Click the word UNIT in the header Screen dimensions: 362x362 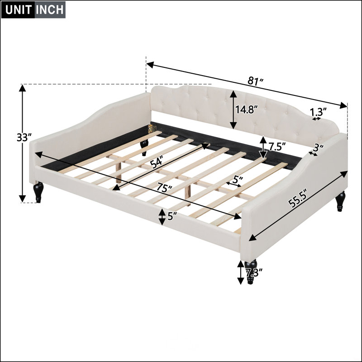[18, 10]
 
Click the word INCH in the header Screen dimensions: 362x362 [50, 10]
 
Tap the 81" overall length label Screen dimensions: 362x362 [256, 81]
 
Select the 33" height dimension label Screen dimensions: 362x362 [24, 138]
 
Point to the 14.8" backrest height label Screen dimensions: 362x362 [246, 109]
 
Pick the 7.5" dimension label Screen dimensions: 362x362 [277, 146]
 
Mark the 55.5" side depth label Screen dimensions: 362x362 [298, 198]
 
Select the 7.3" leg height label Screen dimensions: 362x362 [254, 273]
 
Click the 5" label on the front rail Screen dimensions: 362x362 [172, 216]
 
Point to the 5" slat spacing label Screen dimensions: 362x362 [238, 179]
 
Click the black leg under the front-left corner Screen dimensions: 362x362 [38, 192]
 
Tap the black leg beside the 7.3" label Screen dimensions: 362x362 [251, 271]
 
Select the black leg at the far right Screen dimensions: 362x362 [340, 201]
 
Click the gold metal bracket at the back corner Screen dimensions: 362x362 [151, 129]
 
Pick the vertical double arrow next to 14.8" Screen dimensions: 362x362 [233, 110]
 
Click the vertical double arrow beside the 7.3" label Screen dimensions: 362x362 [241, 272]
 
